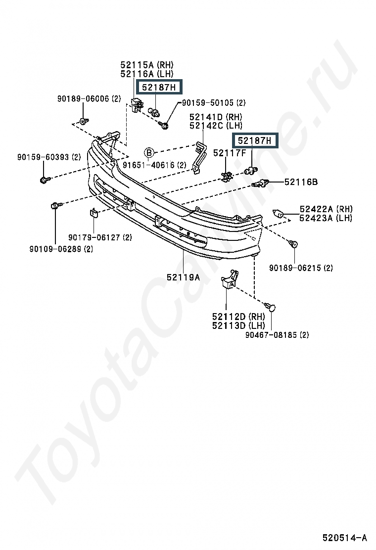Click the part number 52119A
183,277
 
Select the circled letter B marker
149,152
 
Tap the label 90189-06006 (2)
89,98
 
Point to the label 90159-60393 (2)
49,157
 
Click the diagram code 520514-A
344,538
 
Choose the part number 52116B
301,182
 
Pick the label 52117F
230,152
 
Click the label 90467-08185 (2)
277,335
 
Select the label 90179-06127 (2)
100,237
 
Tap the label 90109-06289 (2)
61,249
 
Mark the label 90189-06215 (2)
301,268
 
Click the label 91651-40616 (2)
154,165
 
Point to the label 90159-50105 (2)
214,103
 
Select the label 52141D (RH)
216,117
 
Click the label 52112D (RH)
238,317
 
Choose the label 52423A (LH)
326,218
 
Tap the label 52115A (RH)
147,65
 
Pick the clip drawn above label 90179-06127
94,213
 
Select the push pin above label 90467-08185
270,307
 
